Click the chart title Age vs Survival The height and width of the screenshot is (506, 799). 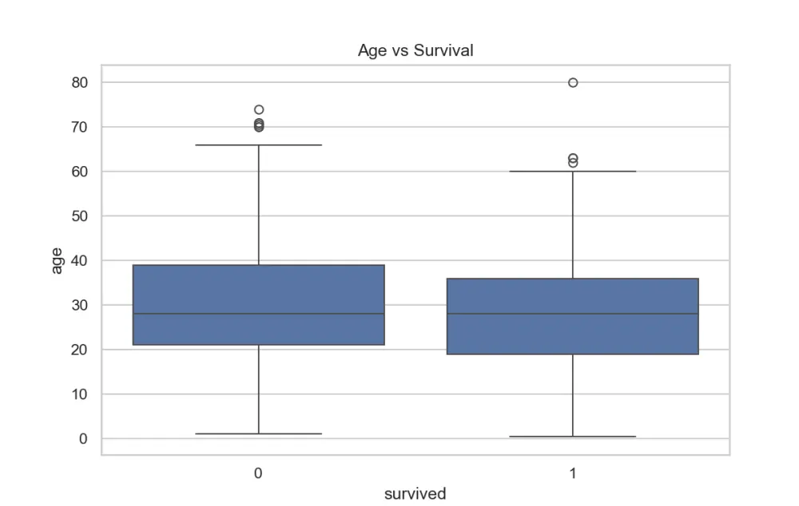(415, 50)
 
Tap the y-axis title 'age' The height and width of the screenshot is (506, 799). (57, 261)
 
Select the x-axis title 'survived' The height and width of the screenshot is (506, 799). (415, 493)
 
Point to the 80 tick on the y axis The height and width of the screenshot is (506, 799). (79, 82)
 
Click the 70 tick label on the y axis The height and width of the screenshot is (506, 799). (79, 127)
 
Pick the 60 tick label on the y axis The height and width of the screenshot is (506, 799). (79, 172)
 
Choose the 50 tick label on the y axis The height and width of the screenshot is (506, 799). (79, 215)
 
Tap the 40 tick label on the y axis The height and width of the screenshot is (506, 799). (79, 261)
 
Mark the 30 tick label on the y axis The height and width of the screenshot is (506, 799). (79, 305)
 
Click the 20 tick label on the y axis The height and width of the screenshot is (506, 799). (79, 350)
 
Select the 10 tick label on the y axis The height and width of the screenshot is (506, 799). (79, 394)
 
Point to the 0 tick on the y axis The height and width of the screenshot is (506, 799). (84, 439)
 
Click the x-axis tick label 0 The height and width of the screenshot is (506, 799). (258, 473)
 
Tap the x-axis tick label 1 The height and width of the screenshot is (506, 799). (573, 473)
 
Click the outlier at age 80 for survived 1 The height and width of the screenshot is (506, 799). (573, 82)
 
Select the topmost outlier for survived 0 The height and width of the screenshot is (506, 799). (259, 109)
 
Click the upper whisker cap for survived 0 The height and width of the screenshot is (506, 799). (259, 145)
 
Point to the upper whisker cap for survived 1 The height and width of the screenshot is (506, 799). (573, 172)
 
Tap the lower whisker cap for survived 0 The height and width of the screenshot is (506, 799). (259, 433)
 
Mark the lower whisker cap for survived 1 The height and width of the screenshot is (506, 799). (573, 437)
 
